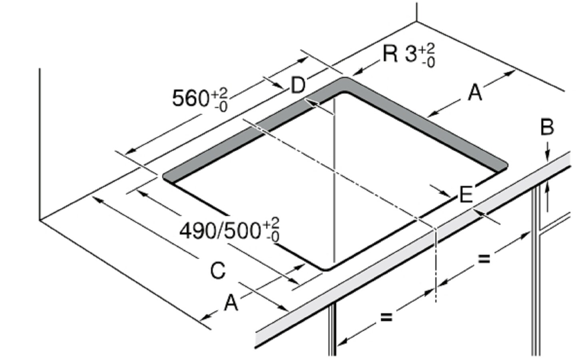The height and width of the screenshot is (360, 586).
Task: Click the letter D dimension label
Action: (x=298, y=85)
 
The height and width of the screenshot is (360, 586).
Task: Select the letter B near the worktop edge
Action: (x=547, y=128)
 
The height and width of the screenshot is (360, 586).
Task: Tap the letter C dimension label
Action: (x=218, y=270)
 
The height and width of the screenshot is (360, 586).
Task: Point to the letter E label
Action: (x=466, y=194)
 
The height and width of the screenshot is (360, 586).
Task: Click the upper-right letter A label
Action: (x=475, y=93)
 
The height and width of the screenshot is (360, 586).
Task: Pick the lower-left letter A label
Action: (x=231, y=303)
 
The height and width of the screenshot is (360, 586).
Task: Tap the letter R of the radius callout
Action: (x=390, y=54)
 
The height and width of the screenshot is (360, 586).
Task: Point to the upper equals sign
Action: (x=484, y=259)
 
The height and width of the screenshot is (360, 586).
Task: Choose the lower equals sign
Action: (x=387, y=317)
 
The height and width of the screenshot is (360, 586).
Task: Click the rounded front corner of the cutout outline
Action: (x=326, y=270)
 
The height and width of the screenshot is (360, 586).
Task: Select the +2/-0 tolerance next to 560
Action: (x=219, y=100)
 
